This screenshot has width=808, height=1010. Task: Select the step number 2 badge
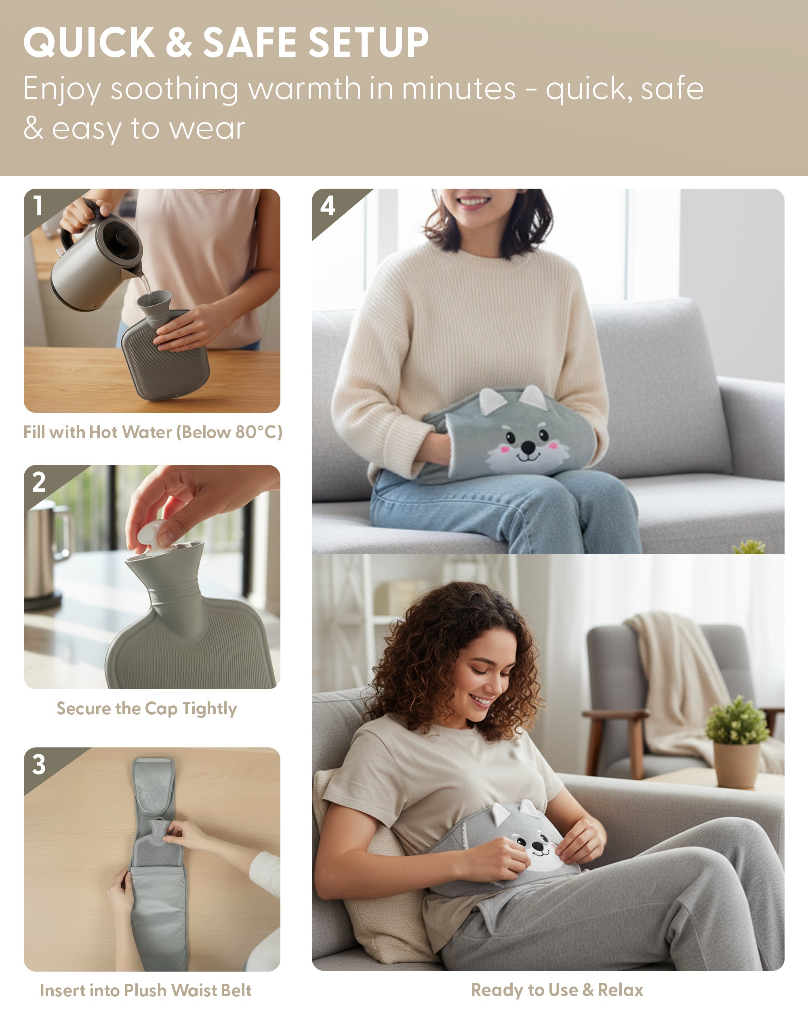point(39,482)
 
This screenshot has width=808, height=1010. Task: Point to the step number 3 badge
point(39,764)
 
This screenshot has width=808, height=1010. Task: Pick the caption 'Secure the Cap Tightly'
point(147,709)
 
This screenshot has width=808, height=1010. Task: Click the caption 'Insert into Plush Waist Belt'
point(146,990)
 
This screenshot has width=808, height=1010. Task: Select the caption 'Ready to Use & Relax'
point(557,990)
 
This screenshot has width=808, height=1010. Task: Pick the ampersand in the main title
point(179,42)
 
